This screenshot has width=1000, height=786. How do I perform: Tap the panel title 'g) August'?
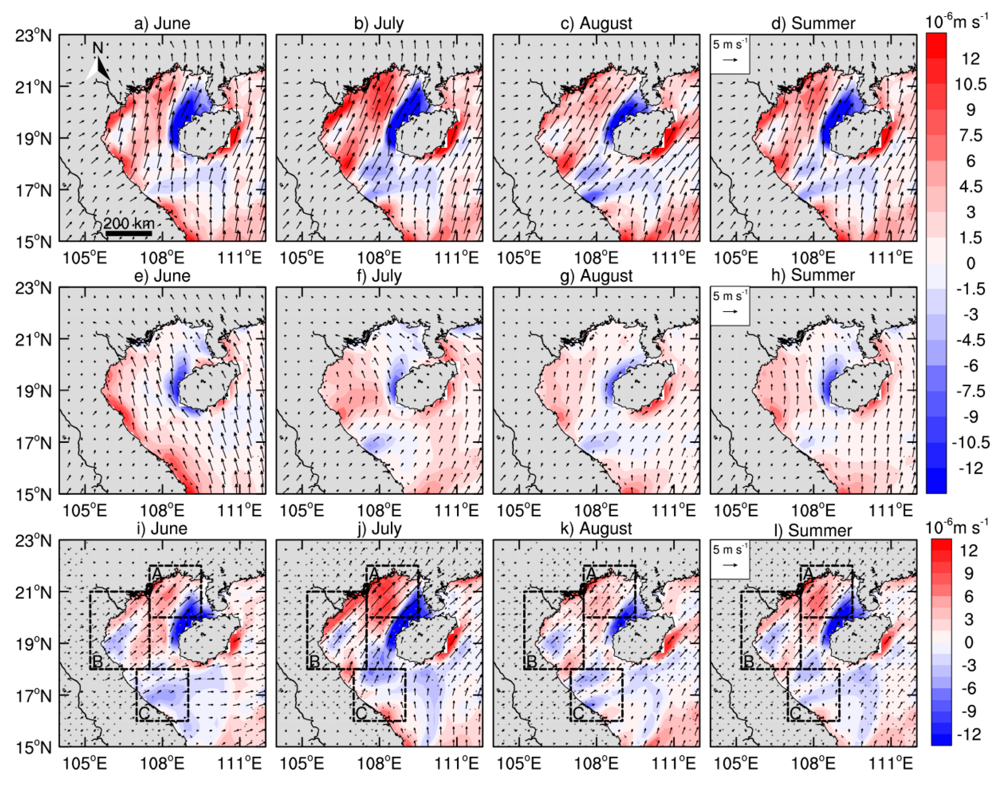point(596,276)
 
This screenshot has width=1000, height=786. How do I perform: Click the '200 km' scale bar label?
point(128,224)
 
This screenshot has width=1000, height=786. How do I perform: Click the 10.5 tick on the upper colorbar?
point(970,84)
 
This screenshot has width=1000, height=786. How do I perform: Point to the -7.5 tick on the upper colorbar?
point(970,391)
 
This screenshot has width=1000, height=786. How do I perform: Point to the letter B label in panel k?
point(531,661)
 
